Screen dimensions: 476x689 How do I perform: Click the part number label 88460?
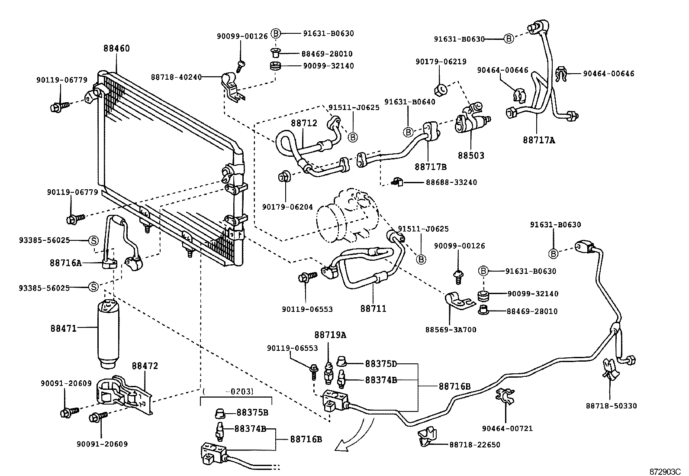click(116, 49)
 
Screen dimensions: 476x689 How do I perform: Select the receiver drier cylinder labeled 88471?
click(113, 334)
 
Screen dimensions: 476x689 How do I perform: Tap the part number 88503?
click(471, 155)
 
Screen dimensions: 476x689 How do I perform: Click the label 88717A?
click(538, 140)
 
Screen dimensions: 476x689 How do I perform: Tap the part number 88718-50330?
click(612, 406)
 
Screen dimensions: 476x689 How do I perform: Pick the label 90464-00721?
click(507, 428)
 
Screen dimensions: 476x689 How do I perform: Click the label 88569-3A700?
click(451, 330)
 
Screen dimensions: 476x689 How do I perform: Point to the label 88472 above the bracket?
click(145, 366)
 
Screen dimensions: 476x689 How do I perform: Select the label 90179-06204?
click(287, 207)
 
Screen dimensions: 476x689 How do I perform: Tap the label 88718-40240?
click(176, 77)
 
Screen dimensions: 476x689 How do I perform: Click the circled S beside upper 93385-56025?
click(93, 240)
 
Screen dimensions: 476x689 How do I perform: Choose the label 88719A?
click(330, 335)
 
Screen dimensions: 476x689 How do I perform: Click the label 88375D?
click(381, 364)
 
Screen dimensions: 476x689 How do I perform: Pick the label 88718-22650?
click(475, 445)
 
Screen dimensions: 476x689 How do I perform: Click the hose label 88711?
click(373, 308)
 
